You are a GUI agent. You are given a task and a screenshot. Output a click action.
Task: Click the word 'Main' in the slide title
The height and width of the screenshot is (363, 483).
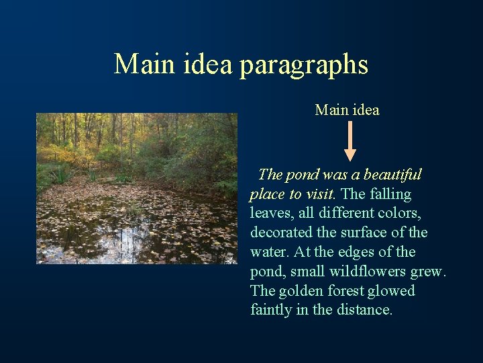tap(142, 65)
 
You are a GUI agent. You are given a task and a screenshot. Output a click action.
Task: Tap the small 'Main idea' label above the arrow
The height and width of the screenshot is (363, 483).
tap(347, 110)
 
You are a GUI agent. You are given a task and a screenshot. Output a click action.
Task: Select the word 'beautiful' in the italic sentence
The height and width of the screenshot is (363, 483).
tap(392, 175)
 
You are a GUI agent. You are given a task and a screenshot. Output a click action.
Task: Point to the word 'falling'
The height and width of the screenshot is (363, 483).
tap(391, 194)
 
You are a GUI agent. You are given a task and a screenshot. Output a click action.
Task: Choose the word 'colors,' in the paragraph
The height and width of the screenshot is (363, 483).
tap(404, 214)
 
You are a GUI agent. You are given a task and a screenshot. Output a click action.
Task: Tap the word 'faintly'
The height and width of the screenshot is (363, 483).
tap(270, 310)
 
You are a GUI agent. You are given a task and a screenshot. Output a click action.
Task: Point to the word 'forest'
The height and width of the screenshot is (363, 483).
tap(346, 291)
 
